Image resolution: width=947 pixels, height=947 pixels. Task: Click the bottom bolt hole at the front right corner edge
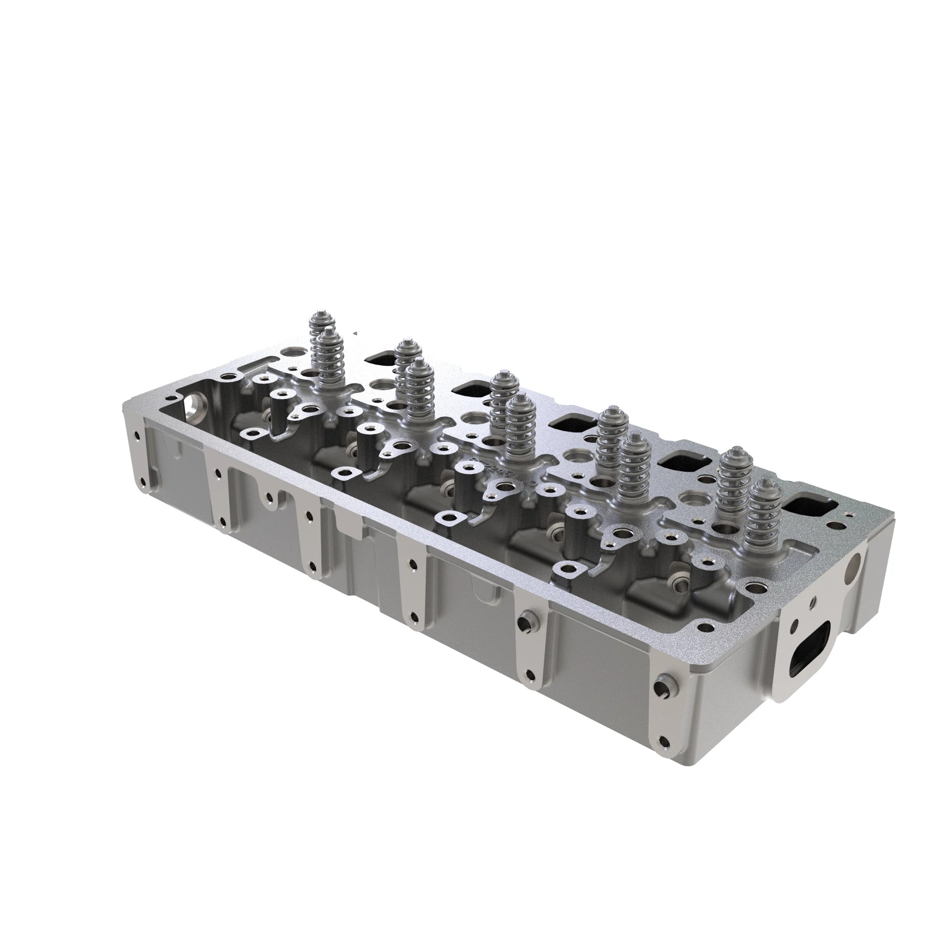[664, 755]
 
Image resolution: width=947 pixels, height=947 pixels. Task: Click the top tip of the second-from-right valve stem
[732, 451]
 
